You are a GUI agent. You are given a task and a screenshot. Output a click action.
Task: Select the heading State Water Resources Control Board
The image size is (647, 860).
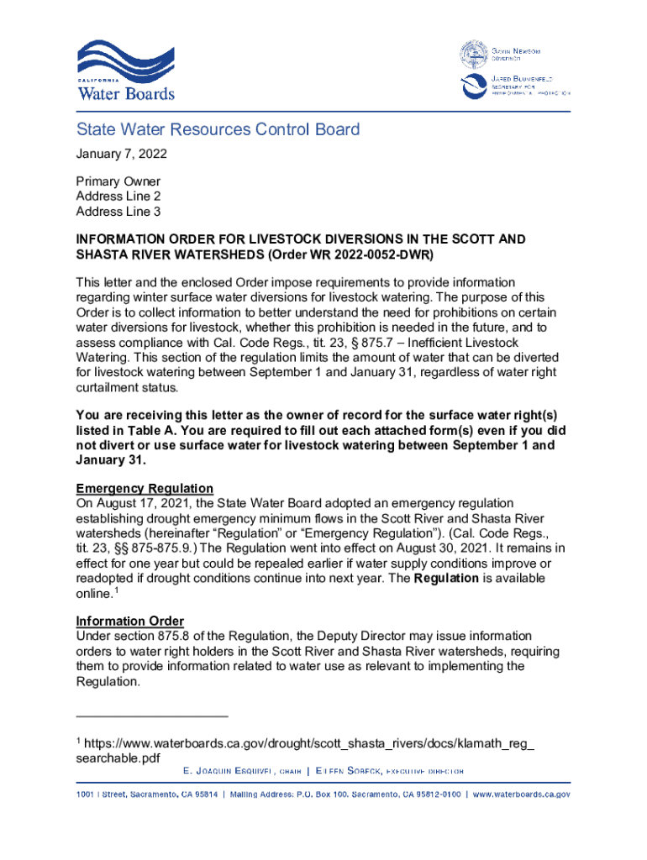point(218,129)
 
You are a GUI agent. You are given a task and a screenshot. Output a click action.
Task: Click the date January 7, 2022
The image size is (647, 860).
point(121,154)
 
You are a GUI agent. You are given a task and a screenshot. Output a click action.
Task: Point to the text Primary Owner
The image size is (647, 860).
point(118,181)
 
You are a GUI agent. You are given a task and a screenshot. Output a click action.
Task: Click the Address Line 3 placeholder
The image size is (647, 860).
point(118,212)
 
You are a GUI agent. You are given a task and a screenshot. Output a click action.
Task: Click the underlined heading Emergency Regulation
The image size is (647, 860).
point(144,489)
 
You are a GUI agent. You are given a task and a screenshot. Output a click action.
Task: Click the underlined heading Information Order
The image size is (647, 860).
point(129,621)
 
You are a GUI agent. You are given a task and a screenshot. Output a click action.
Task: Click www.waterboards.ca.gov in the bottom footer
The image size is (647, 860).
point(521,794)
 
